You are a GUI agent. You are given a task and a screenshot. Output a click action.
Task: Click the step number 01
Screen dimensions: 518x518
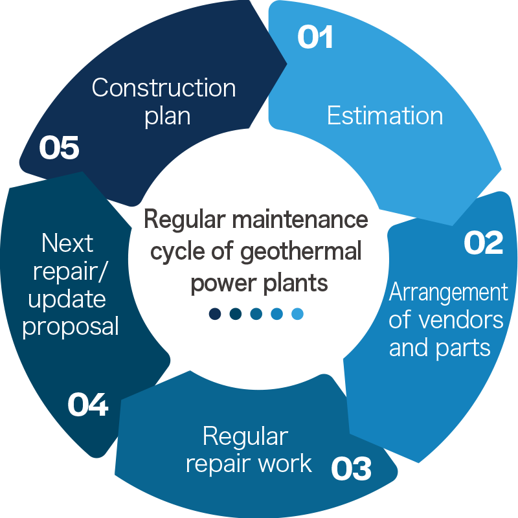tap(315, 38)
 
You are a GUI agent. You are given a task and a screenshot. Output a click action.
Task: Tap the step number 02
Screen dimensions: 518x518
tap(484, 243)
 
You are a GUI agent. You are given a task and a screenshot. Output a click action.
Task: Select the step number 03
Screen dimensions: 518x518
tap(352, 469)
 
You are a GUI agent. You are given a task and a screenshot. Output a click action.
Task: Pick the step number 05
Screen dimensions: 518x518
tap(59, 148)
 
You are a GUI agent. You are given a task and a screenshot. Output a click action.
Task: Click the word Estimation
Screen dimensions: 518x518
tap(385, 116)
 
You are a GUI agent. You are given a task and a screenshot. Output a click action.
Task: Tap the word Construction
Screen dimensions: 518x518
tap(164, 87)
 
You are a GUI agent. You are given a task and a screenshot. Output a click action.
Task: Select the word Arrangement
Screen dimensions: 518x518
tap(448, 293)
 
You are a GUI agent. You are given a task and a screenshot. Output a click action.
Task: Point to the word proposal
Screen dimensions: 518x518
tap(71, 327)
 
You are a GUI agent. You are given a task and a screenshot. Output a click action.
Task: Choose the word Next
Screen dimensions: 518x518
tap(67, 243)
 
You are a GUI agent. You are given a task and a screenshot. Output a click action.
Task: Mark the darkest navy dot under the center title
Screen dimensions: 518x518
tap(215, 314)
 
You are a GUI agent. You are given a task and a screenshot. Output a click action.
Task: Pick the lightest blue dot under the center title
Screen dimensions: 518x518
tap(297, 314)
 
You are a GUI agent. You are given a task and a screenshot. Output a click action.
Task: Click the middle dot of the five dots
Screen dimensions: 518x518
tap(256, 314)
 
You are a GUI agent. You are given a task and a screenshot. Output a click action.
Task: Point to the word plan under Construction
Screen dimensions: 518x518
tap(167, 116)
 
